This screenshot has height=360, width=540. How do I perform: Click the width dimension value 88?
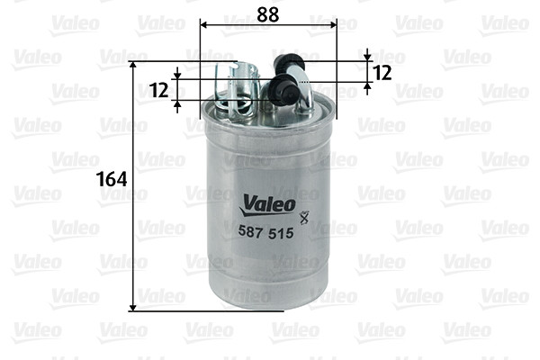click(x=265, y=15)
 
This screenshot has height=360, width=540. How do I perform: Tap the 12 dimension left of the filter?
click(x=158, y=89)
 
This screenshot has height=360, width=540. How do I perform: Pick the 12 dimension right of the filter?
click(x=381, y=73)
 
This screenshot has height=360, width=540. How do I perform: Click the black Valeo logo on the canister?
click(x=267, y=204)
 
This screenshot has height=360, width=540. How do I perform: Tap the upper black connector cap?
click(x=288, y=64)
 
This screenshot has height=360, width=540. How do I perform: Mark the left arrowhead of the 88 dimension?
click(x=202, y=26)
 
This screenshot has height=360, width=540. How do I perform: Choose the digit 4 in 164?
click(x=120, y=179)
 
